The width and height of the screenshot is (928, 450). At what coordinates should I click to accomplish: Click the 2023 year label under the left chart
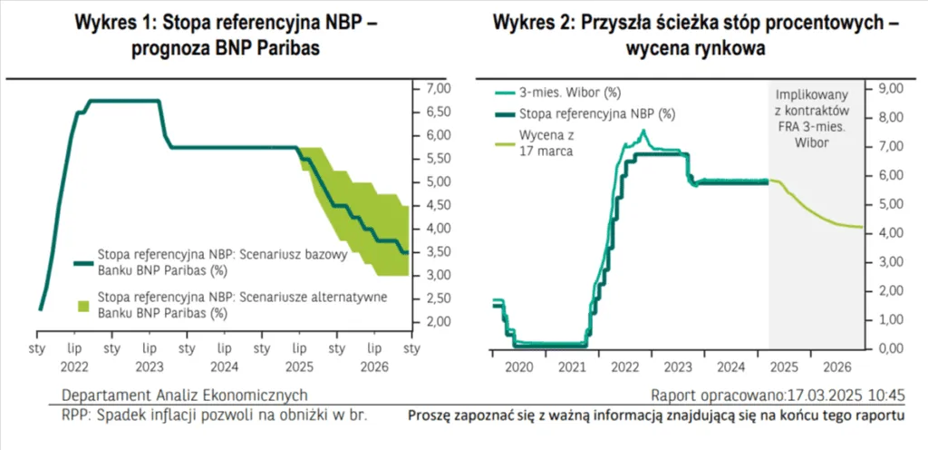click(x=150, y=368)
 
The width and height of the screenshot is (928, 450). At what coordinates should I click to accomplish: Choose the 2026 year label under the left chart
click(x=372, y=368)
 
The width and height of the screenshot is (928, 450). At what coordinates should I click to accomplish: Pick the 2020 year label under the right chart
click(x=519, y=368)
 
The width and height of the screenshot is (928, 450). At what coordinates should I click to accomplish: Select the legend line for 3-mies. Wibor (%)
click(x=504, y=93)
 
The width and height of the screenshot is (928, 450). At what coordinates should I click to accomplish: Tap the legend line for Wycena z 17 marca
click(x=504, y=142)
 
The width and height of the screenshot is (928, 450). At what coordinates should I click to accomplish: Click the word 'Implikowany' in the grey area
click(x=811, y=93)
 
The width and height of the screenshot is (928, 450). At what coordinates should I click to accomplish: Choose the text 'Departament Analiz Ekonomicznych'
click(x=184, y=396)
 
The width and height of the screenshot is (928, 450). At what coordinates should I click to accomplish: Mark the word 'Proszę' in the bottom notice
click(x=431, y=416)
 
